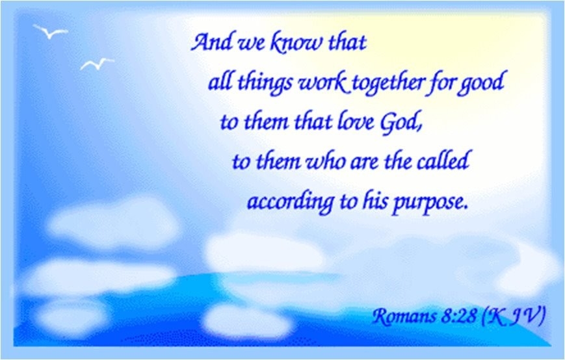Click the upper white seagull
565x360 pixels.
(51, 32)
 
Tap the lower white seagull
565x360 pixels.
(98, 64)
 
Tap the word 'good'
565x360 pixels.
(481, 82)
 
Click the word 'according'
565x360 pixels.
(291, 202)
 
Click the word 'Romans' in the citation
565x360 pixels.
(404, 316)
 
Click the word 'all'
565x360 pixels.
(220, 82)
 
